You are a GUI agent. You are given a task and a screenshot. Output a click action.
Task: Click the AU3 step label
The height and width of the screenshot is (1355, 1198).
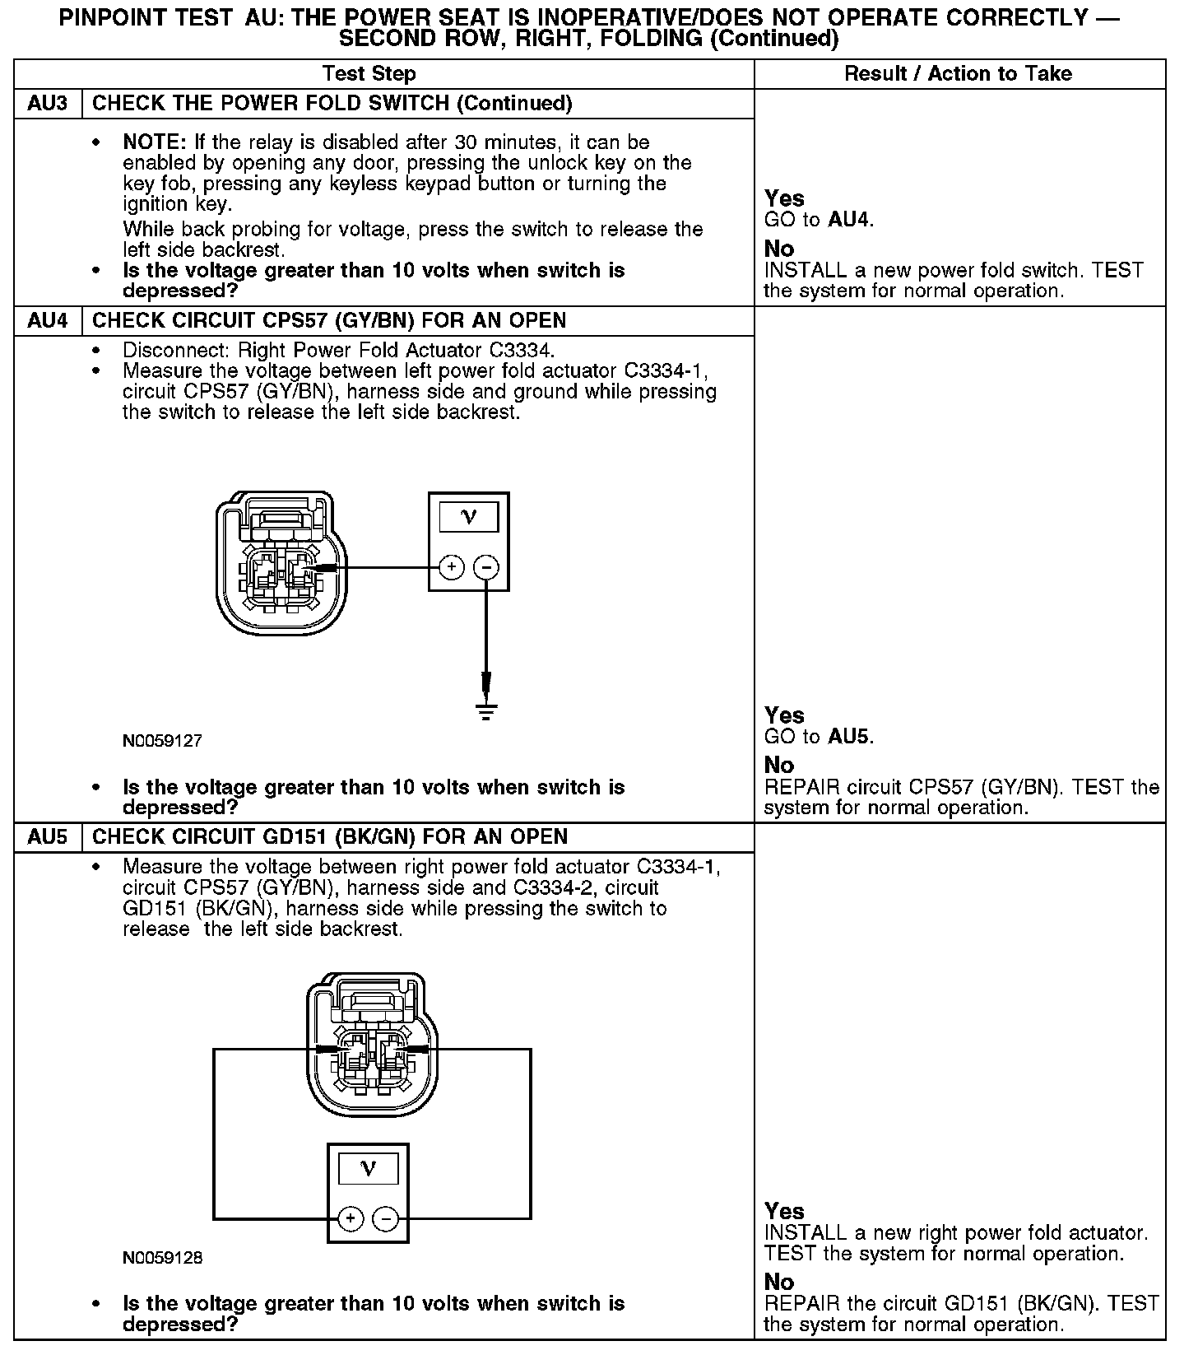(x=48, y=104)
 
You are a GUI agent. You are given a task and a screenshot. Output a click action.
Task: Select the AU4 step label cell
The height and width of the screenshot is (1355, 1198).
(x=48, y=321)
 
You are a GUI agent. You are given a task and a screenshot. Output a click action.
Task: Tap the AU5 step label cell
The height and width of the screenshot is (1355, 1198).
(x=48, y=837)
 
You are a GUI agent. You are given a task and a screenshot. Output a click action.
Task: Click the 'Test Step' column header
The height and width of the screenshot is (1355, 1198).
(x=369, y=74)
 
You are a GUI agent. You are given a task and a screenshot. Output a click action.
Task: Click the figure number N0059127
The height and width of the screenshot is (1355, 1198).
(x=162, y=741)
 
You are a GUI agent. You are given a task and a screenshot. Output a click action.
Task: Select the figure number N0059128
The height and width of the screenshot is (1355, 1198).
(x=162, y=1258)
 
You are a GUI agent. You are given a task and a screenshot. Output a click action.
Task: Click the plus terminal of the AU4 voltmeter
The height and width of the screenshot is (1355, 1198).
(x=452, y=567)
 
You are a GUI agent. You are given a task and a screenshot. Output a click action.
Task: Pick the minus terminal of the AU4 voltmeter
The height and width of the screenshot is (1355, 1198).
(x=486, y=567)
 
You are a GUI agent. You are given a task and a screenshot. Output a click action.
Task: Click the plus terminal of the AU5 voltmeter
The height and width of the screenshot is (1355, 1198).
(x=351, y=1219)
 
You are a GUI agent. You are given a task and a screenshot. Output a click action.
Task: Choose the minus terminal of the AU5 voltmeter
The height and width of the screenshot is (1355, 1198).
(x=385, y=1219)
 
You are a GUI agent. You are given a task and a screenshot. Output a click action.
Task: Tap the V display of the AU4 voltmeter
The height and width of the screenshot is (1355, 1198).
(x=469, y=517)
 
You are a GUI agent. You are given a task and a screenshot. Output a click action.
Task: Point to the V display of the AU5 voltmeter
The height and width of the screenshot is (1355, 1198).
(x=368, y=1169)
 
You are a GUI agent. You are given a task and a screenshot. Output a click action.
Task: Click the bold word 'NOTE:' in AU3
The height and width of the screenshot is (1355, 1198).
(x=156, y=142)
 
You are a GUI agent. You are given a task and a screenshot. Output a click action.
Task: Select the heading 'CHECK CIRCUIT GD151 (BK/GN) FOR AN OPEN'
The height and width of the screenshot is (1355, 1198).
(x=330, y=837)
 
